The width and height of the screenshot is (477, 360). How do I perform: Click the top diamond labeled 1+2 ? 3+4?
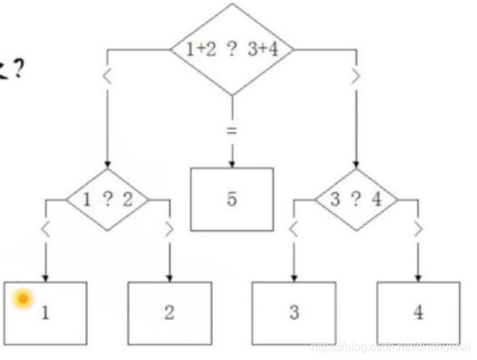231,50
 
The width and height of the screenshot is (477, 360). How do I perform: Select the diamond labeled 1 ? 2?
108,200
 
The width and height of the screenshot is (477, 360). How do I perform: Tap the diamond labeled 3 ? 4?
356,200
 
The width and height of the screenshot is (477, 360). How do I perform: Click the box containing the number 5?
232,199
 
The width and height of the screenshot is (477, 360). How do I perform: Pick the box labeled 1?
45,312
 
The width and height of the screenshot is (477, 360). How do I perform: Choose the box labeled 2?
169,312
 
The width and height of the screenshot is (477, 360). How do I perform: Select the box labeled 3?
294,312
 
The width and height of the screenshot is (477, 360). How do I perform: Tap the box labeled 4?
418,312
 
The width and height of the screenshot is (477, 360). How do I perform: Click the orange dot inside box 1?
23,299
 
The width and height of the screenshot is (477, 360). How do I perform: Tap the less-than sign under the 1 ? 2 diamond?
46,229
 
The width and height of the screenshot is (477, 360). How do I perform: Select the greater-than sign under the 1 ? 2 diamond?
169,229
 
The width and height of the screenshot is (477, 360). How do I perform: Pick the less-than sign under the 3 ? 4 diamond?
294,229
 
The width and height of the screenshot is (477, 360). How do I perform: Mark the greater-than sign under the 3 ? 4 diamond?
418,229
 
